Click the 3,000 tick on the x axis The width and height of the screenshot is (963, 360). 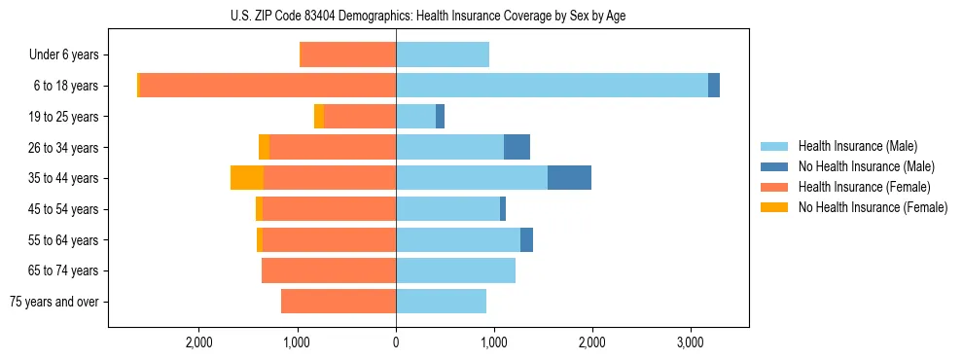point(690,342)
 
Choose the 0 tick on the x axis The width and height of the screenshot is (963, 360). point(396,342)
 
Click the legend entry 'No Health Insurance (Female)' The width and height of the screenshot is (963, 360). point(873,207)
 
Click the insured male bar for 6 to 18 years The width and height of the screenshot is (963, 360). point(552,86)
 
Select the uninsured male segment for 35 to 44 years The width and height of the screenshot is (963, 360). point(569,178)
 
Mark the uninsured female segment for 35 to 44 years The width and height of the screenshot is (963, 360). point(247,178)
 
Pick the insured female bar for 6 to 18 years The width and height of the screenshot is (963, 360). point(267,86)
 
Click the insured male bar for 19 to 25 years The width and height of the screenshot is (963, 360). point(415,117)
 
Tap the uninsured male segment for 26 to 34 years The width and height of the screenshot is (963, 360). point(517,147)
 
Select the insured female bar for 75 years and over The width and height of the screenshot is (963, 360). point(339,302)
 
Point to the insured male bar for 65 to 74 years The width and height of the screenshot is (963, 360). point(455,270)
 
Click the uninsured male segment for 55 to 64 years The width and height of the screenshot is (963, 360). point(526,239)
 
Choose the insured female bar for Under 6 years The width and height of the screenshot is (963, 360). point(348,55)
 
